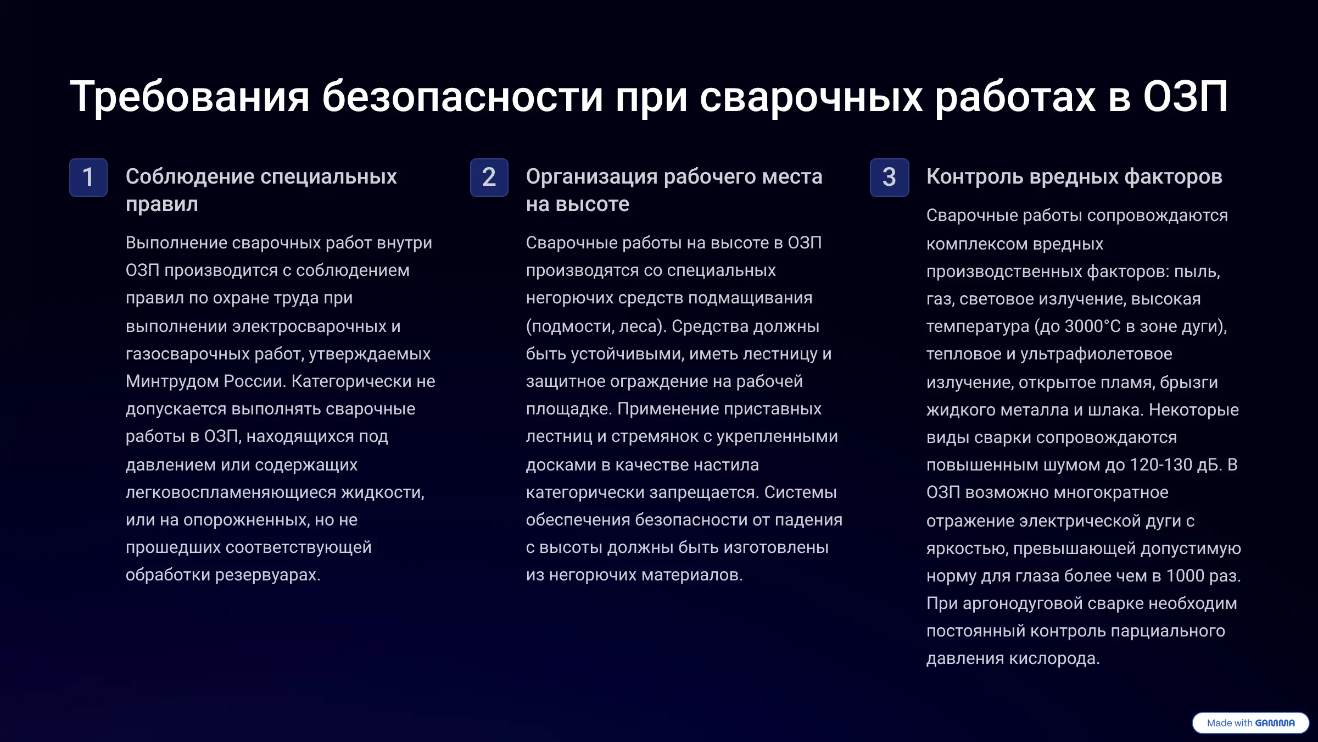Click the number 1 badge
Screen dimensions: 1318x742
tap(88, 178)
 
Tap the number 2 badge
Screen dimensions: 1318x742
tap(489, 178)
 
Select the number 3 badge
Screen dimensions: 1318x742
tap(890, 178)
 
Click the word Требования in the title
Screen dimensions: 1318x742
tap(190, 97)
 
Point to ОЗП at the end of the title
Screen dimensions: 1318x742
tap(1186, 97)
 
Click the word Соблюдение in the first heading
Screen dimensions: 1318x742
tap(190, 177)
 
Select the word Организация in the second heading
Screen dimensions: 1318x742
tap(591, 177)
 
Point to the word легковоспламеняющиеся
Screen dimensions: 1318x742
tap(231, 492)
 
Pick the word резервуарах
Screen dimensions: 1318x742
tap(267, 575)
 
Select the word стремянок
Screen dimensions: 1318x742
tap(653, 436)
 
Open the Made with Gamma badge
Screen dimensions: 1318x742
tap(1250, 723)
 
